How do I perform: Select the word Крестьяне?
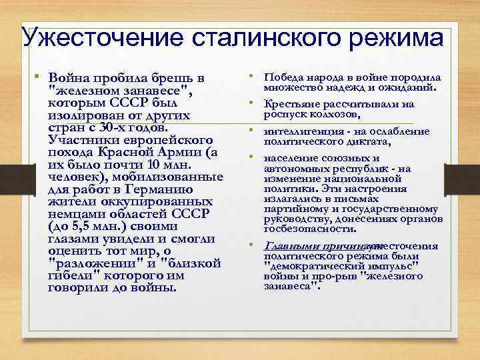click(x=293, y=104)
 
